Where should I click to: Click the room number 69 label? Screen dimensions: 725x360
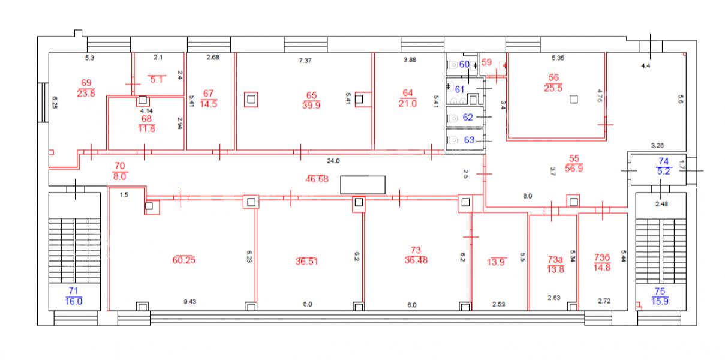(x=86, y=83)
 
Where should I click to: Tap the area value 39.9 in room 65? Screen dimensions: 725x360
(x=311, y=105)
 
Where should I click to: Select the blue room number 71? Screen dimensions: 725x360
(x=73, y=291)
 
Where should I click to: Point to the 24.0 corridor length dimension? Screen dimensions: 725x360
(x=333, y=161)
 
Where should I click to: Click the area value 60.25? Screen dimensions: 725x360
(x=184, y=260)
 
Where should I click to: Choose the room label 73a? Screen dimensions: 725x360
(x=555, y=259)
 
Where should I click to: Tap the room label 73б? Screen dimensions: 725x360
(x=602, y=257)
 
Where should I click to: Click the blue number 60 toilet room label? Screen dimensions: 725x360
(x=464, y=64)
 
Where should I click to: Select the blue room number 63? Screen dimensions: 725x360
(x=470, y=140)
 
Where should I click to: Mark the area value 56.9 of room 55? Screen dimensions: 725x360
(x=574, y=169)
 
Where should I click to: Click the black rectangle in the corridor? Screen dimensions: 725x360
(x=363, y=185)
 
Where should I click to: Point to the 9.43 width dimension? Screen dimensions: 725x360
(x=190, y=302)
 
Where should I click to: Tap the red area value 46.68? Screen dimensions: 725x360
(x=317, y=179)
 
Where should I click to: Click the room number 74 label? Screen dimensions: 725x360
(x=663, y=161)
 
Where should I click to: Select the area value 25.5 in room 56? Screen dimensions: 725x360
(x=553, y=88)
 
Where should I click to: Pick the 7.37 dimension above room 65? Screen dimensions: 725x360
(x=305, y=61)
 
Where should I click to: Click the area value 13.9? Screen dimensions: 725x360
(x=496, y=262)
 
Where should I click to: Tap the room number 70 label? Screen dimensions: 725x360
(x=120, y=166)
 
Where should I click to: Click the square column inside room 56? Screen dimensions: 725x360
(x=573, y=100)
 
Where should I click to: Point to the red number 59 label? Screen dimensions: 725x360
(x=486, y=62)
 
